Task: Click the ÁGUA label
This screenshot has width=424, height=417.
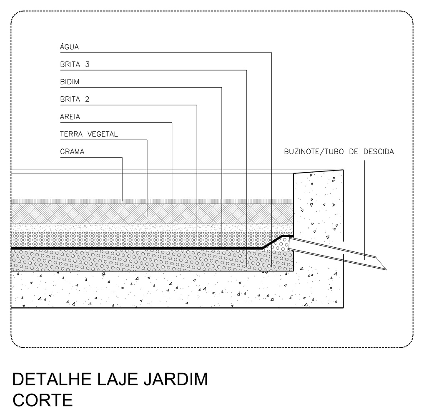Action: pos(69,47)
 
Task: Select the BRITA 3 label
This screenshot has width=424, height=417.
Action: pos(75,64)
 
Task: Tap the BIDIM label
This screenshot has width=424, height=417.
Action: pos(70,82)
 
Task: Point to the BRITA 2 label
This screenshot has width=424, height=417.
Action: pos(75,99)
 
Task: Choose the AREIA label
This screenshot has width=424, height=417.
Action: pos(70,117)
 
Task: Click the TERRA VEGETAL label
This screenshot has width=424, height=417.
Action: pos(89,134)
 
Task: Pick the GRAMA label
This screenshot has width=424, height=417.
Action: pos(72,151)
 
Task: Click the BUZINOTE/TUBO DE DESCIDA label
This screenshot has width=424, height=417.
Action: pos(339,151)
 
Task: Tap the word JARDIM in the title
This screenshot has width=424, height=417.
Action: pos(176,379)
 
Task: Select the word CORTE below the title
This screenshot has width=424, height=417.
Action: pos(43,400)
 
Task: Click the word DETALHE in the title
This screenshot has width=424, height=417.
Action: pos(52,379)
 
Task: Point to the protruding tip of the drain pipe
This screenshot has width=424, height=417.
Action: pos(386,269)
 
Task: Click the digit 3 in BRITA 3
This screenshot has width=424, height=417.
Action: pos(87,64)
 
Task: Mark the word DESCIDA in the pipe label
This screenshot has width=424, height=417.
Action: pos(379,151)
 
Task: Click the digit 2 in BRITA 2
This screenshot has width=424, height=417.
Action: pos(87,99)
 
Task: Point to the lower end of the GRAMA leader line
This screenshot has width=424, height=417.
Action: pos(122,201)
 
